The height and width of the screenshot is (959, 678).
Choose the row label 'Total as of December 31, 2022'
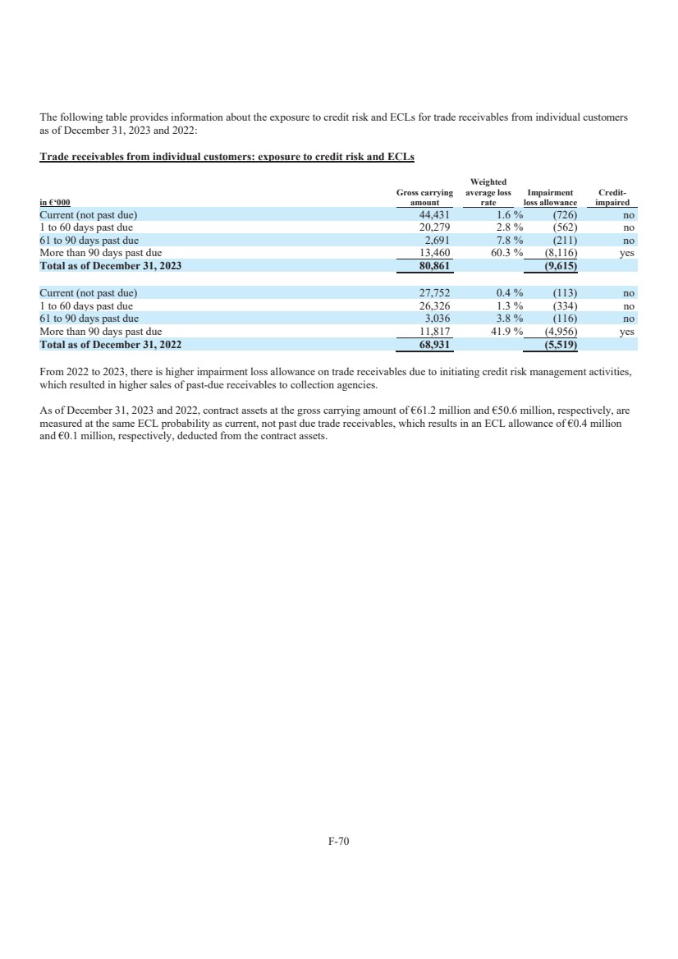[111, 345]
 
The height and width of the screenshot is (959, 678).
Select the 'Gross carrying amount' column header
[424, 197]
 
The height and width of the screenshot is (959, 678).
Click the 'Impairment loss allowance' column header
[551, 197]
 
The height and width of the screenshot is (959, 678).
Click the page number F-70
[339, 842]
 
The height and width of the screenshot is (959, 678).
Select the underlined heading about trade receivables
[227, 157]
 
